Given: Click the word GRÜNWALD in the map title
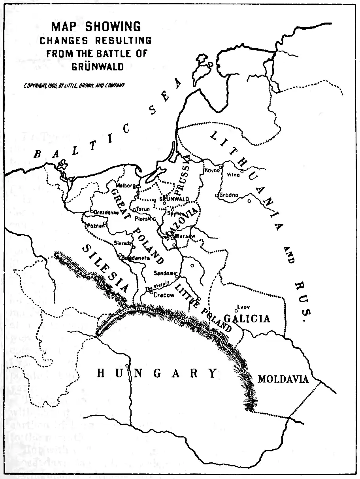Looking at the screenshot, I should coord(97,65).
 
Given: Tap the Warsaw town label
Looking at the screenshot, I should coord(185,236).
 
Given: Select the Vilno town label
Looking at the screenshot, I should coord(233,175).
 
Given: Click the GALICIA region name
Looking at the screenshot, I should coord(247,318).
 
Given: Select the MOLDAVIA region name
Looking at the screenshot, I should coord(283,379).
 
